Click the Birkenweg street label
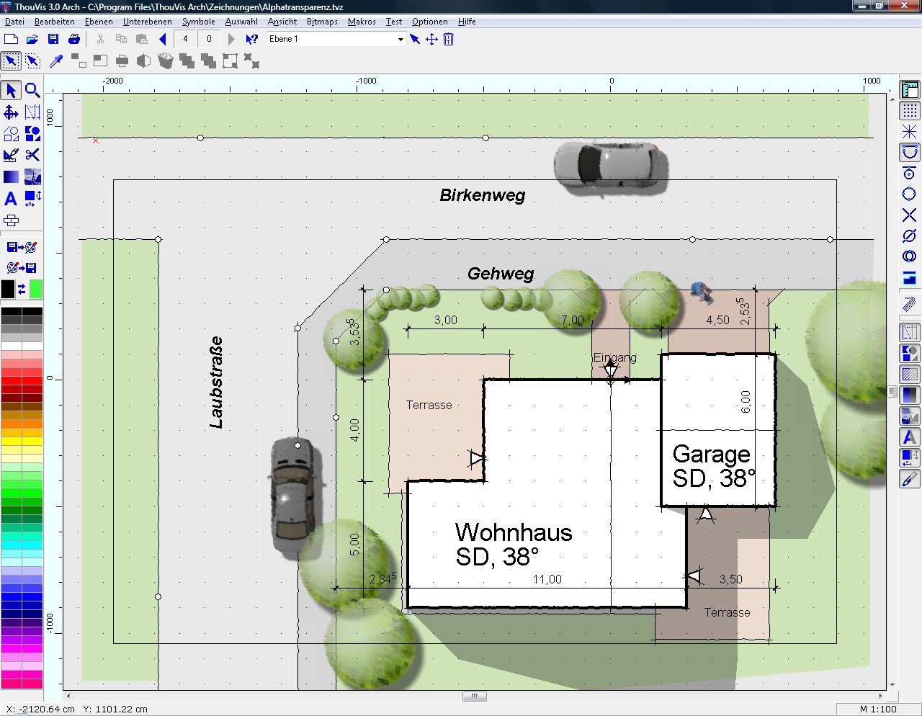click(483, 195)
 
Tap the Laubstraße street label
click(216, 382)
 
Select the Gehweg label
click(501, 274)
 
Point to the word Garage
click(712, 455)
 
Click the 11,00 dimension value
click(547, 579)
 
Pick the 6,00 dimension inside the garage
click(746, 402)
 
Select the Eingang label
click(615, 357)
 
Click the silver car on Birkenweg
click(609, 168)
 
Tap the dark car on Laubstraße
click(294, 494)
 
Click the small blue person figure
click(702, 292)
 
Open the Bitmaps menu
click(322, 22)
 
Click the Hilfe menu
click(467, 22)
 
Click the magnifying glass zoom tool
click(32, 90)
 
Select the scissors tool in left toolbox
click(32, 155)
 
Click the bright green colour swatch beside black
click(35, 290)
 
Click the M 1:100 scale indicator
click(878, 709)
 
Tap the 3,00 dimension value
click(445, 320)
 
